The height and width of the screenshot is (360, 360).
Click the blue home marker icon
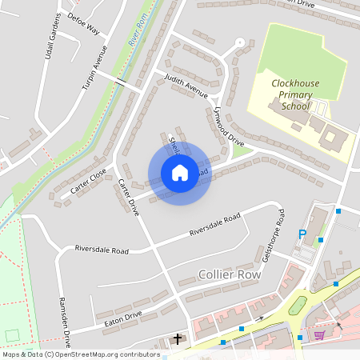(180, 173)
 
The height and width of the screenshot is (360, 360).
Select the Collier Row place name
(232, 275)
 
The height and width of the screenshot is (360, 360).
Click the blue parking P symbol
(302, 234)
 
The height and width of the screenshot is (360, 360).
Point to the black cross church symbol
(178, 339)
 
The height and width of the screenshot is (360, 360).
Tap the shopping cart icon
(319, 334)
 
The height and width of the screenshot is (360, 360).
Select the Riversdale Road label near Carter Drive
(102, 250)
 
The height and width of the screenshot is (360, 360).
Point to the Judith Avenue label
(186, 87)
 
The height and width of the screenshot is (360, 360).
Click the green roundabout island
(297, 306)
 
